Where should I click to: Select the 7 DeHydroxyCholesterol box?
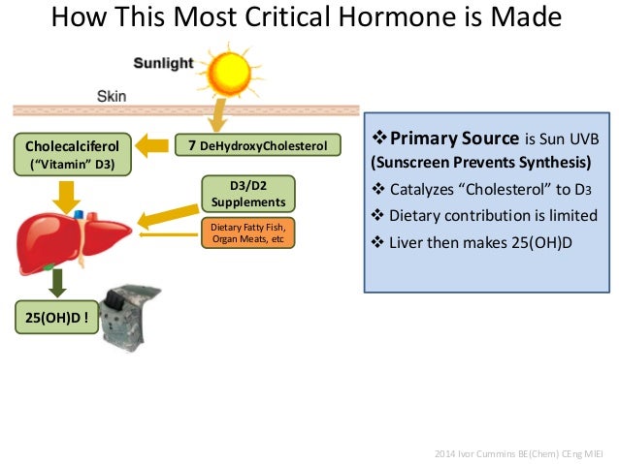click(x=258, y=145)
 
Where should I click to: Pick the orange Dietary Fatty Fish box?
click(x=247, y=232)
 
